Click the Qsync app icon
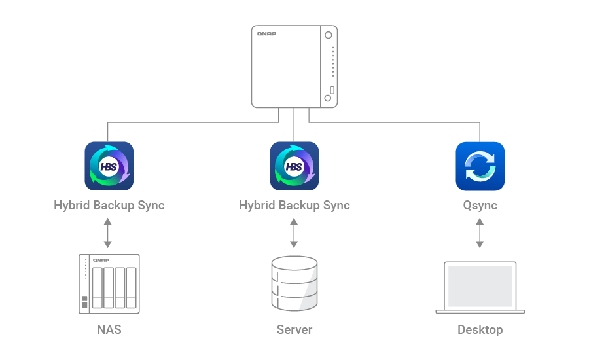(x=480, y=166)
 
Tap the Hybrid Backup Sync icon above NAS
(x=109, y=166)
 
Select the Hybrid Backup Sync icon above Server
(x=294, y=166)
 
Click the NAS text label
(x=109, y=329)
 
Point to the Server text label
(x=294, y=329)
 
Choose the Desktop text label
(x=480, y=329)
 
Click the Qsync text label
(x=480, y=205)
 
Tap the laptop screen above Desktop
(x=480, y=285)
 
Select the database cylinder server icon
(x=294, y=283)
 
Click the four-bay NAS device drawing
(x=109, y=282)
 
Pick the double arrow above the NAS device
(x=109, y=233)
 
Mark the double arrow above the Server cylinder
(x=294, y=233)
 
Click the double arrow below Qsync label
(x=480, y=233)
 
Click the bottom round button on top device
(x=327, y=98)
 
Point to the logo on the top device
(x=266, y=33)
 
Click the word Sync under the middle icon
(x=335, y=205)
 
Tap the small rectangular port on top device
(x=332, y=90)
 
